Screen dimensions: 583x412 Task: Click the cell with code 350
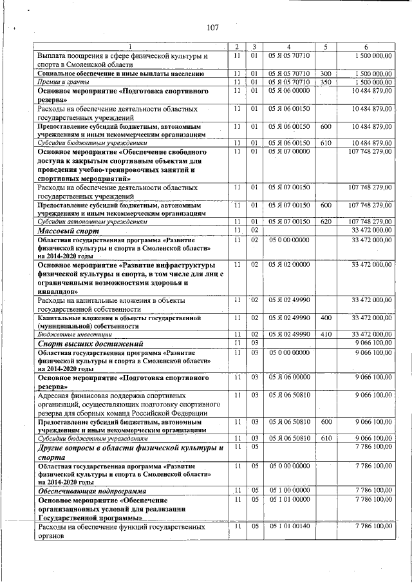325,82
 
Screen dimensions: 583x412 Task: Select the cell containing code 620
325,221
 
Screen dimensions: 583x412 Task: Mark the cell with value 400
325,318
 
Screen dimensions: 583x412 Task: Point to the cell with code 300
325,73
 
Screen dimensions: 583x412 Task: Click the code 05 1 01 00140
289,526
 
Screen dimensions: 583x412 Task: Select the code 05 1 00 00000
289,491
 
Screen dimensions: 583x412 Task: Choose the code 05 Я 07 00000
289,152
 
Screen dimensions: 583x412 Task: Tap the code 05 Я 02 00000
289,265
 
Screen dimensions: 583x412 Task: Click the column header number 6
366,47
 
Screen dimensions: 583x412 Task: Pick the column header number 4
289,47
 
